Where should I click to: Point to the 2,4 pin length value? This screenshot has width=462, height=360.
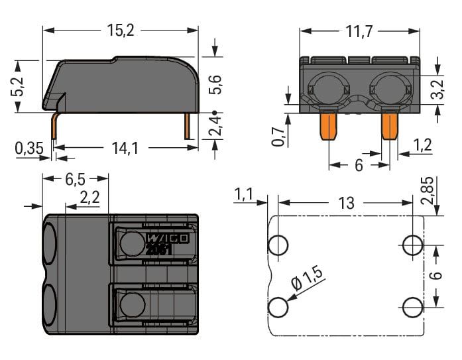click(215, 127)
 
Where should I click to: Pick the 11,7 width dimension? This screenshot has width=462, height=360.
click(360, 31)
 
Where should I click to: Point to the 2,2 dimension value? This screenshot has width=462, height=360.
click(90, 197)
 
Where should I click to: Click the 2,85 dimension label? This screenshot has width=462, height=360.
click(437, 192)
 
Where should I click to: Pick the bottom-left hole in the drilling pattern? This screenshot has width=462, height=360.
click(279, 307)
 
